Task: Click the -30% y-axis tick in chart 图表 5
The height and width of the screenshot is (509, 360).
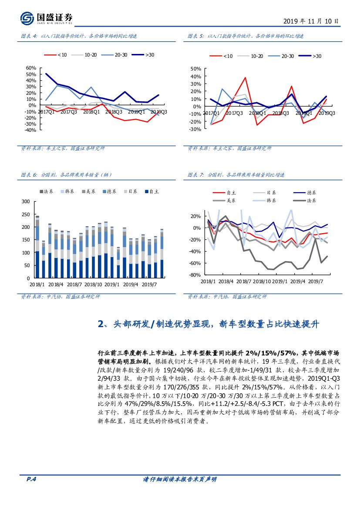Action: coord(195,129)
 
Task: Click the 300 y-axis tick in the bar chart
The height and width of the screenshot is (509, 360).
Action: coord(25,201)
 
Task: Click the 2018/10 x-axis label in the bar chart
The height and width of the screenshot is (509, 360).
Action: coord(93,284)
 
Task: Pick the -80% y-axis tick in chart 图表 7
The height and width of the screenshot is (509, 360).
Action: coord(195,275)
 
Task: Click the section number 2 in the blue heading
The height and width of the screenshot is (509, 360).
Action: coord(101,324)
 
